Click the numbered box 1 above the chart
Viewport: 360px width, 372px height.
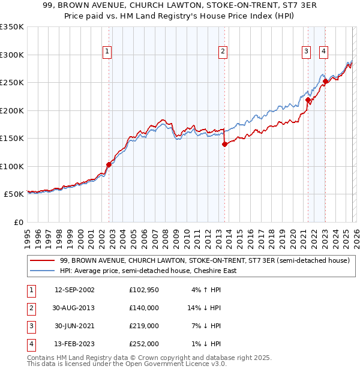107,52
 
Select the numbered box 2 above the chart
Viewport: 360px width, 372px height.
223,52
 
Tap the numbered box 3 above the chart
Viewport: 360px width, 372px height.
306,52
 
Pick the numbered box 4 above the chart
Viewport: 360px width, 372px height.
323,52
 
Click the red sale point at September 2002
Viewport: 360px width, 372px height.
109,164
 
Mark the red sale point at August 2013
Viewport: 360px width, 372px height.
224,144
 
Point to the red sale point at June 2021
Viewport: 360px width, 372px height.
308,100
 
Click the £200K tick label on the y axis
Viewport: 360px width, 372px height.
12,110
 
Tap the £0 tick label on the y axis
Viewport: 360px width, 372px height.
18,222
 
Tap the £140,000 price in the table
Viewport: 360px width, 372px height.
144,308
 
